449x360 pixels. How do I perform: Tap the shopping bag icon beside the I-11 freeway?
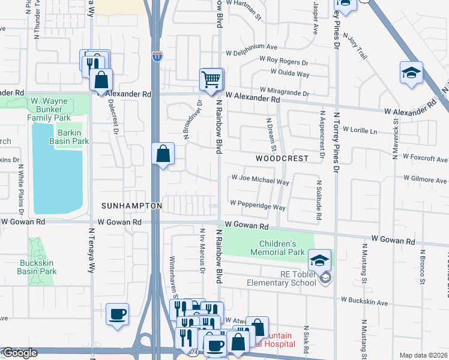[x=163, y=154]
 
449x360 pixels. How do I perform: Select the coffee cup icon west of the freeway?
[x=117, y=314]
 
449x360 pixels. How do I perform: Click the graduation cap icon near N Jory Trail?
[x=411, y=72]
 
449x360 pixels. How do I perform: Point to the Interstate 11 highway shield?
[x=157, y=56]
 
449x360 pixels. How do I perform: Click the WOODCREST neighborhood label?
[x=282, y=158]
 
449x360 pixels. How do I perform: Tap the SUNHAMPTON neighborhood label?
[x=131, y=206]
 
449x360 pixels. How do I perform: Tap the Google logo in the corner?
[x=19, y=353]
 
